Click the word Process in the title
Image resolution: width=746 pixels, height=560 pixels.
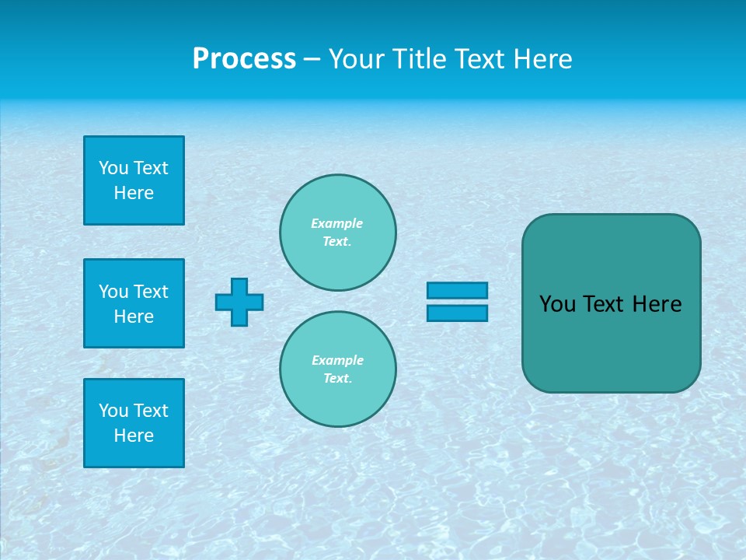pos(244,59)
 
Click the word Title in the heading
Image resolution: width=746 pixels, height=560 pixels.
pos(417,59)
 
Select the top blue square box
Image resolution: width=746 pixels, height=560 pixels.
pos(134,180)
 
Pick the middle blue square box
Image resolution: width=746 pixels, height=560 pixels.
pos(134,303)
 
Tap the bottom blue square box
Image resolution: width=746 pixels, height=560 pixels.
pos(134,423)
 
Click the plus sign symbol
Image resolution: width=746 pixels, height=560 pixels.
pos(239,302)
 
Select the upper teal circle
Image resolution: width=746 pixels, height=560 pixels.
pos(337,233)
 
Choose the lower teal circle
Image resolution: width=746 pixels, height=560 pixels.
pos(337,369)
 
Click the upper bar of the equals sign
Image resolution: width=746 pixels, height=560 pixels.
pos(457,290)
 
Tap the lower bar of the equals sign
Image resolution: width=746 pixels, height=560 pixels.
pos(457,313)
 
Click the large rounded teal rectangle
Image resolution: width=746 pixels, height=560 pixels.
pos(611,342)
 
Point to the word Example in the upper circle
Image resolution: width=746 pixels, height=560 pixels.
pos(336,223)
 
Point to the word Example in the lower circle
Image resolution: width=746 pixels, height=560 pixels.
pos(337,360)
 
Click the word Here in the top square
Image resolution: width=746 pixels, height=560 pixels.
pos(134,193)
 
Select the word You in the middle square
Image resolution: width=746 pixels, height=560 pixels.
pos(113,292)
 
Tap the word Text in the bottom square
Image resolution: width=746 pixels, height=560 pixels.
pos(151,411)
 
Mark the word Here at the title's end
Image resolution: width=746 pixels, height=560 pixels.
pos(544,59)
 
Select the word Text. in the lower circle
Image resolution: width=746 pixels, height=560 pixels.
pos(337,379)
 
